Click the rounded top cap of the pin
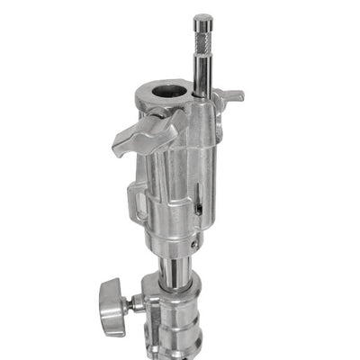(202, 19)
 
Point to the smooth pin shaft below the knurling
(202, 72)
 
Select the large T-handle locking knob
(144, 132)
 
